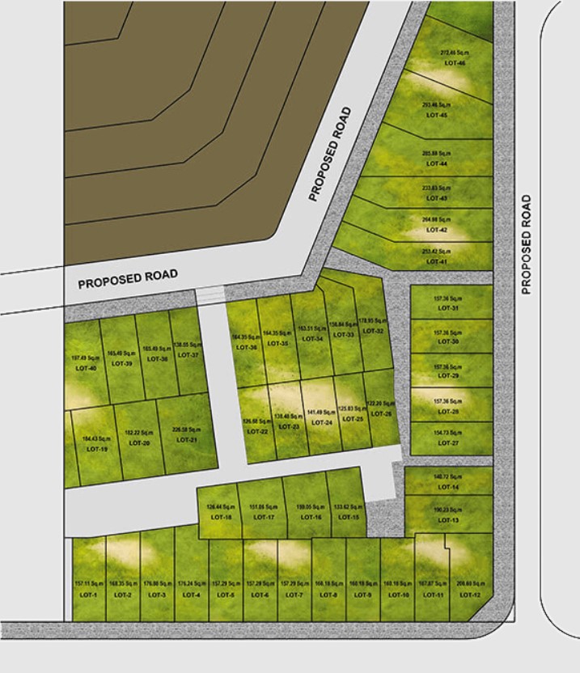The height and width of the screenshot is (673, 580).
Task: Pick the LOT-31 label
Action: tap(448, 308)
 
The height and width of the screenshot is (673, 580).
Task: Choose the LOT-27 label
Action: tap(448, 443)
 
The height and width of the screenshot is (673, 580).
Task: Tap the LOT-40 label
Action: tap(86, 369)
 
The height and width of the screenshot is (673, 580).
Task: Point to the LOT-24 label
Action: tap(322, 422)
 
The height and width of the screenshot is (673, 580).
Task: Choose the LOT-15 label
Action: tap(349, 517)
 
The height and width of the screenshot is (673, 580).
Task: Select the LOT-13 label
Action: tap(448, 520)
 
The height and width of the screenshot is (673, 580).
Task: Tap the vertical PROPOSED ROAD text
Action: tap(527, 243)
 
